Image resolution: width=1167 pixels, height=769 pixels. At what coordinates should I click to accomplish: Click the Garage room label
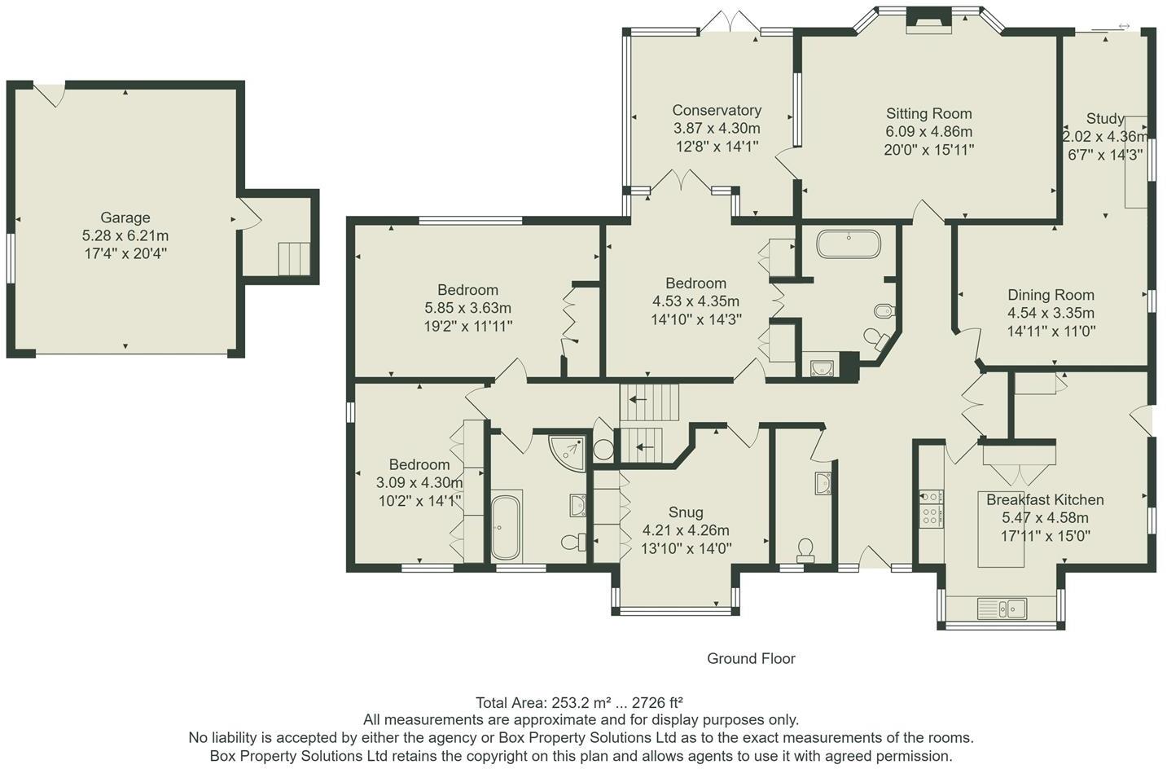coord(125,218)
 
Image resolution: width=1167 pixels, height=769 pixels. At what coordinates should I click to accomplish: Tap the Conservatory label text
coord(717,111)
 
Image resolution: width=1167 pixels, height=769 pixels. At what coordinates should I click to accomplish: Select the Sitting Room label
coord(929,113)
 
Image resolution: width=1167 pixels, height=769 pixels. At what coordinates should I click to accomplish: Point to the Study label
coord(1104,119)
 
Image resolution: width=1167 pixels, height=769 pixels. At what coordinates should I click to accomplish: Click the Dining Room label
coord(1051,295)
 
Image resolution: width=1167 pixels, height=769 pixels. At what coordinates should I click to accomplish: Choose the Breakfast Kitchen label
coord(1045,499)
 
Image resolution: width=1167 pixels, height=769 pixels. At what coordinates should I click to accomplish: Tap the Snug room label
coord(686,512)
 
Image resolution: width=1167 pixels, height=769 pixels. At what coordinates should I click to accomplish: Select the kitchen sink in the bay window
coord(1002,608)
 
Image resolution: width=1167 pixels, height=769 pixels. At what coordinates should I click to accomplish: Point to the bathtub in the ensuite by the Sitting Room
coord(849,244)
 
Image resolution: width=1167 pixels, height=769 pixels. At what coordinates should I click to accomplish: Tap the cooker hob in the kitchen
coord(931,508)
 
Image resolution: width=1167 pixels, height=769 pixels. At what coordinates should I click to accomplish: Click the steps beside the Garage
coord(294,258)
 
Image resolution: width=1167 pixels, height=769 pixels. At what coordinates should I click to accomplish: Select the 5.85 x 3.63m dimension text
coord(467,308)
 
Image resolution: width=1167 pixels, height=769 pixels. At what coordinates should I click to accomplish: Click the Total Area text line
coord(579,703)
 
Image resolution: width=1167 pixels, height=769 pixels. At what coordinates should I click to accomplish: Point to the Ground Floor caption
coord(751,658)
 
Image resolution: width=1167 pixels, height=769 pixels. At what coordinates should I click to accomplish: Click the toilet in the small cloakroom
coord(805,551)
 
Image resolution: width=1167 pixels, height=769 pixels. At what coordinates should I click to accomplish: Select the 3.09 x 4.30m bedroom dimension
coord(419,483)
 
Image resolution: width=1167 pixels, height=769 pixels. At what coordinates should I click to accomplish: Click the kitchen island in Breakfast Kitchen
coord(1001,529)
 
